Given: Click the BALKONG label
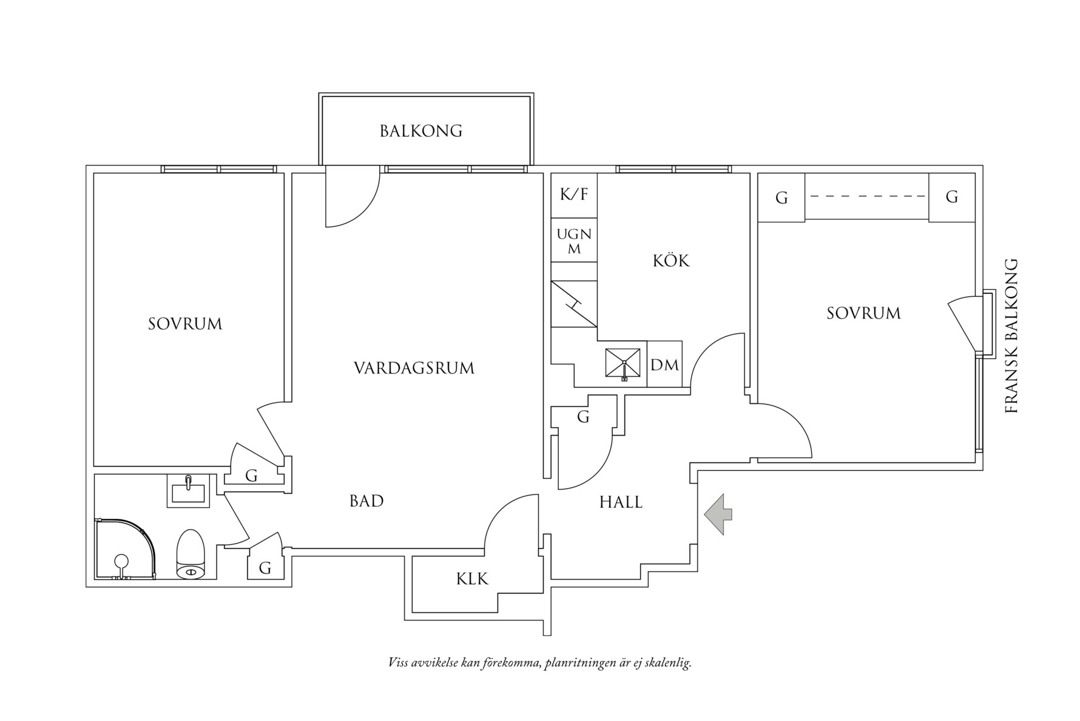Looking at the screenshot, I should coord(421,131).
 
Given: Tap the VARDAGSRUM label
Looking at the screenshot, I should coord(414,368).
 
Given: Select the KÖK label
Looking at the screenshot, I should coord(671,261).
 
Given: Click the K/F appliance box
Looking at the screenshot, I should coord(574,195).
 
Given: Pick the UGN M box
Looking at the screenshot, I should coord(574,241).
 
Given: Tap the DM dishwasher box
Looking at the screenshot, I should coord(664,365).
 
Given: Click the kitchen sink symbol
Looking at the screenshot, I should coord(623,364).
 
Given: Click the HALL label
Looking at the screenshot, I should coord(621,502).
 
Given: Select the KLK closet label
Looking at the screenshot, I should coord(472,579).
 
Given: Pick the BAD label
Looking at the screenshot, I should coord(366,501).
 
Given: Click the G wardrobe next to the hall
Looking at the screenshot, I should coord(583,417).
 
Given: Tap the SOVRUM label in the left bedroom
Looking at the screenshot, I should coord(185,324).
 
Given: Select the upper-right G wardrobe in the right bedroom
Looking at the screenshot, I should coord(951,197).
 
